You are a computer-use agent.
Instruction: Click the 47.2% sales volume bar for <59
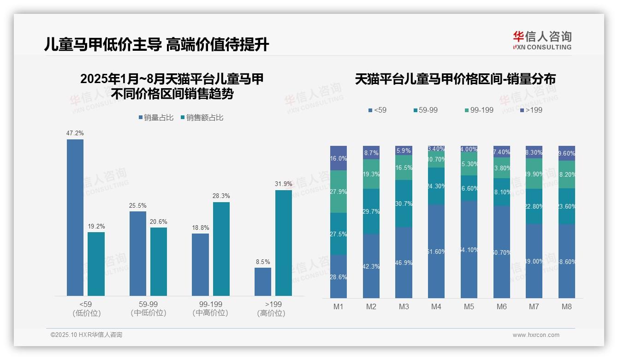[x=75, y=217]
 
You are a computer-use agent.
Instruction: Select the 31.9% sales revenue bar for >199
[x=284, y=243]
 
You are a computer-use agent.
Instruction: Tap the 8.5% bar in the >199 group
[x=263, y=282]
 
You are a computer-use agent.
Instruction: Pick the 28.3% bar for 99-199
[x=221, y=249]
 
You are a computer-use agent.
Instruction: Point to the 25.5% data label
[x=138, y=205]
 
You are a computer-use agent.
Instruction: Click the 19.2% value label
[x=96, y=226]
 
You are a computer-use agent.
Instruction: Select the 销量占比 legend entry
[x=156, y=118]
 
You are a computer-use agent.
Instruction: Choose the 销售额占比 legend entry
[x=202, y=118]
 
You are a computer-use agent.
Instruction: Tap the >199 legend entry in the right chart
[x=531, y=110]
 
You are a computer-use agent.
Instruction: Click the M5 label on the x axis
[x=469, y=307]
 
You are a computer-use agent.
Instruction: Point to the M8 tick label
[x=567, y=307]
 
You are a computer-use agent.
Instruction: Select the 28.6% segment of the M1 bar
[x=339, y=276]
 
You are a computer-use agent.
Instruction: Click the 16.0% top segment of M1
[x=339, y=158]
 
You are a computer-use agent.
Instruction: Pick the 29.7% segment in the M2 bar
[x=371, y=211]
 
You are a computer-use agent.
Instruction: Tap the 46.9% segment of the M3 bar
[x=404, y=262]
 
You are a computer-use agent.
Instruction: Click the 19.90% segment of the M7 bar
[x=534, y=174]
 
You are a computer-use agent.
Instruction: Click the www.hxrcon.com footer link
[x=536, y=335]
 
